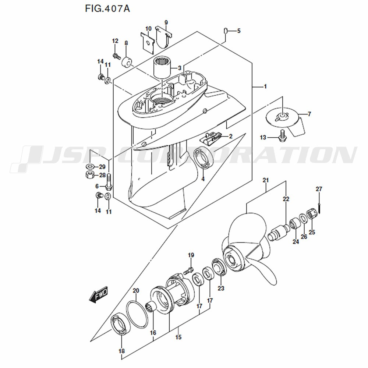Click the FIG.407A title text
pos(107,9)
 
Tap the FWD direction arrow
pos(99,294)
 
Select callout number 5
pos(239,31)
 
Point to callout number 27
pos(319,189)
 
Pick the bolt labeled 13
pos(282,136)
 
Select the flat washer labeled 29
pos(89,167)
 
